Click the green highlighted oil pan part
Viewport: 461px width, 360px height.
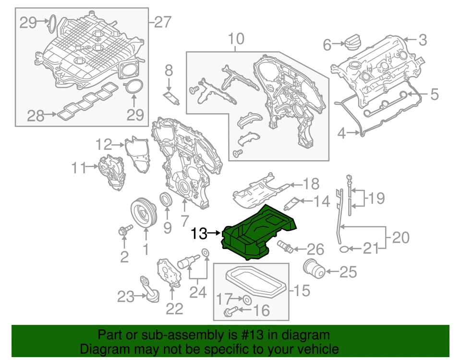coord(259,233)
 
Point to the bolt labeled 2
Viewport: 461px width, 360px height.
coord(122,233)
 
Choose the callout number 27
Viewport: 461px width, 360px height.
coord(163,22)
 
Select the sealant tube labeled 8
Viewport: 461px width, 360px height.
coord(171,99)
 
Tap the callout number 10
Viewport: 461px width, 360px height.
coord(235,38)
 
